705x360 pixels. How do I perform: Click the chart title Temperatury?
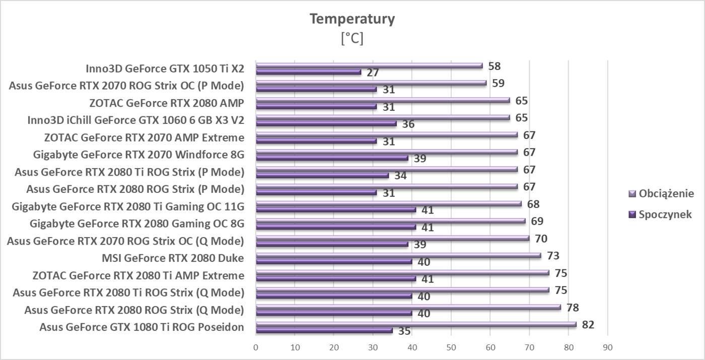(352, 19)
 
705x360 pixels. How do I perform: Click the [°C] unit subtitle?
(352, 39)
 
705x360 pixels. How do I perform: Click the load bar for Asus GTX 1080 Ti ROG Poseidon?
(415, 325)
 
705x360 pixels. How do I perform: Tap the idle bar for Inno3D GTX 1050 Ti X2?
(308, 72)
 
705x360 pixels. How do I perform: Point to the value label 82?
(588, 325)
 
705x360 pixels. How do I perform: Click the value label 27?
(373, 73)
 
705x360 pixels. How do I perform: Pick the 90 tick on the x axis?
(607, 347)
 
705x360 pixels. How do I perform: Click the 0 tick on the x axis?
(256, 347)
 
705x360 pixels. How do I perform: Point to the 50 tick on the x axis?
(451, 347)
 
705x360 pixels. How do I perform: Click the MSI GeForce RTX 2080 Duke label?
(173, 259)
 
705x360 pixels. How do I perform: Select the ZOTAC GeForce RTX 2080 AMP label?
(166, 104)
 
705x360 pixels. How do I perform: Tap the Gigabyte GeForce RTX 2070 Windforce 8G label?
(138, 155)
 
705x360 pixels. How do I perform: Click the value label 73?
(553, 256)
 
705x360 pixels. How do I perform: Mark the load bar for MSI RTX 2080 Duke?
(398, 256)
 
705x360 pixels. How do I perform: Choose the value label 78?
(573, 308)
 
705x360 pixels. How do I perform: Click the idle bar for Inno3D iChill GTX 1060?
(326, 124)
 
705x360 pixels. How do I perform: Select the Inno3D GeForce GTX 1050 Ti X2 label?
(165, 69)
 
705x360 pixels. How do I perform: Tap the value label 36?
(408, 124)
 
